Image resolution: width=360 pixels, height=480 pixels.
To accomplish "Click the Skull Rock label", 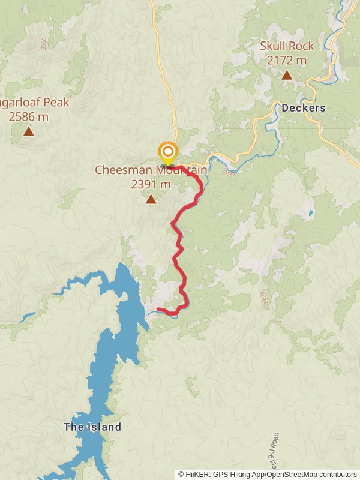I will pos(287,46).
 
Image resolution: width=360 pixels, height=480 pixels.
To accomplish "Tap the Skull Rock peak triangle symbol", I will pos(287,76).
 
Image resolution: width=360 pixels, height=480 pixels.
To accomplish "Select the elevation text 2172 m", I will pos(287,60).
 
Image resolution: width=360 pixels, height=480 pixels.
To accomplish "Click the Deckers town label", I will pos(303,109).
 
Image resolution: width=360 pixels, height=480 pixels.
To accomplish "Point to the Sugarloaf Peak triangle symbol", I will pos(28,131).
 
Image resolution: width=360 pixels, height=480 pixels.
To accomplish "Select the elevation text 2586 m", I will pos(28,116).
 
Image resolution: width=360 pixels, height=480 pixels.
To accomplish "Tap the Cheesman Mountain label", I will pos(151,170).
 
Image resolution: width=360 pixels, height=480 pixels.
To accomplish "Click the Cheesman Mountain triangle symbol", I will pos(151,199).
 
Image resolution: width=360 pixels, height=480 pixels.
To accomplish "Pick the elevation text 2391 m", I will pos(151,184).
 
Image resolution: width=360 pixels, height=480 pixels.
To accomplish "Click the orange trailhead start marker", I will pos(167,152).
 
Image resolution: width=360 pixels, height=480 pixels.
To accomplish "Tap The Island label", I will pos(92,427).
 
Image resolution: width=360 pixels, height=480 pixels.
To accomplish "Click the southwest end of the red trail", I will pos(158,310).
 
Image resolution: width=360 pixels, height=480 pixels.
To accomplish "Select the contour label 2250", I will pos(264,298).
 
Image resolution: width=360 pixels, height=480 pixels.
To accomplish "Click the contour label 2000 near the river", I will pos(229,172).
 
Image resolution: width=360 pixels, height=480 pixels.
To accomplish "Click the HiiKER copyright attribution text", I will pos(268,474).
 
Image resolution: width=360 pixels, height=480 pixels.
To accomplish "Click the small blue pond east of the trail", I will pos(310,213).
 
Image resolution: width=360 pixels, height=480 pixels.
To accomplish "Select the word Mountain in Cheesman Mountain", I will pos(182,170).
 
